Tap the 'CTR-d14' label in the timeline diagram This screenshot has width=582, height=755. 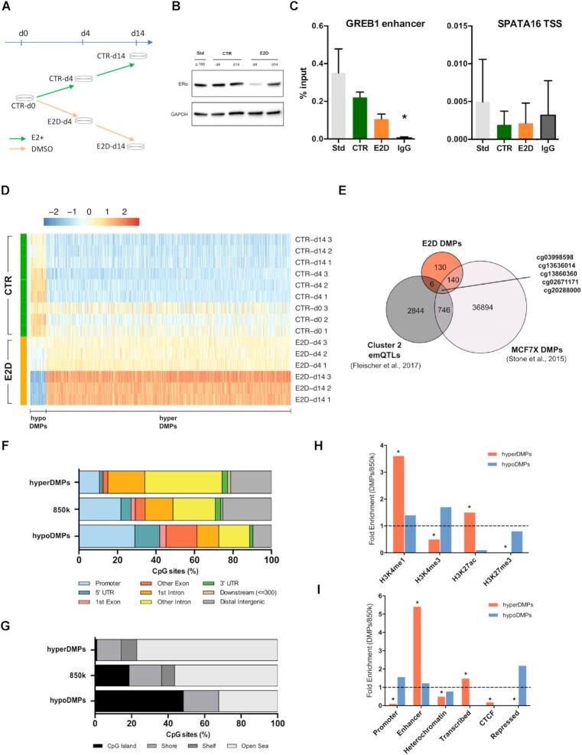pyautogui.click(x=120, y=57)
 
